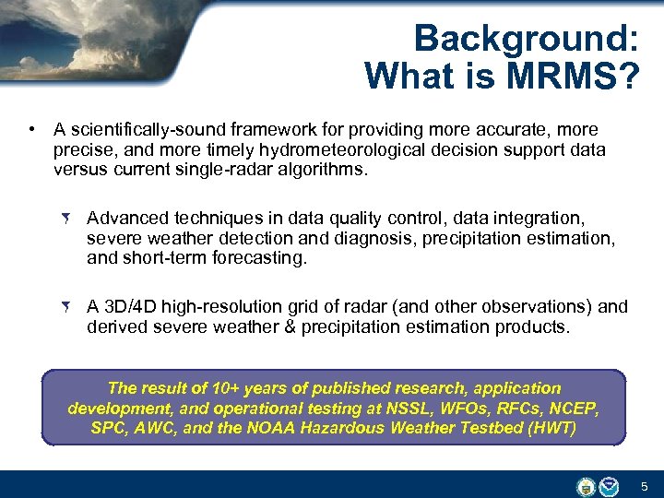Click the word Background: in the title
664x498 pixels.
[x=527, y=39]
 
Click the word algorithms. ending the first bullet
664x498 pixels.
[x=314, y=170]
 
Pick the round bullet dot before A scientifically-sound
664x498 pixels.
[x=32, y=129]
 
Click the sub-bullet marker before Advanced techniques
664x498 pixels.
[x=67, y=219]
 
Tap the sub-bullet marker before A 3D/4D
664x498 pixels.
[x=67, y=307]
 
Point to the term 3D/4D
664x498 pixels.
[x=130, y=307]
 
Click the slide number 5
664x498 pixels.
[x=645, y=485]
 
